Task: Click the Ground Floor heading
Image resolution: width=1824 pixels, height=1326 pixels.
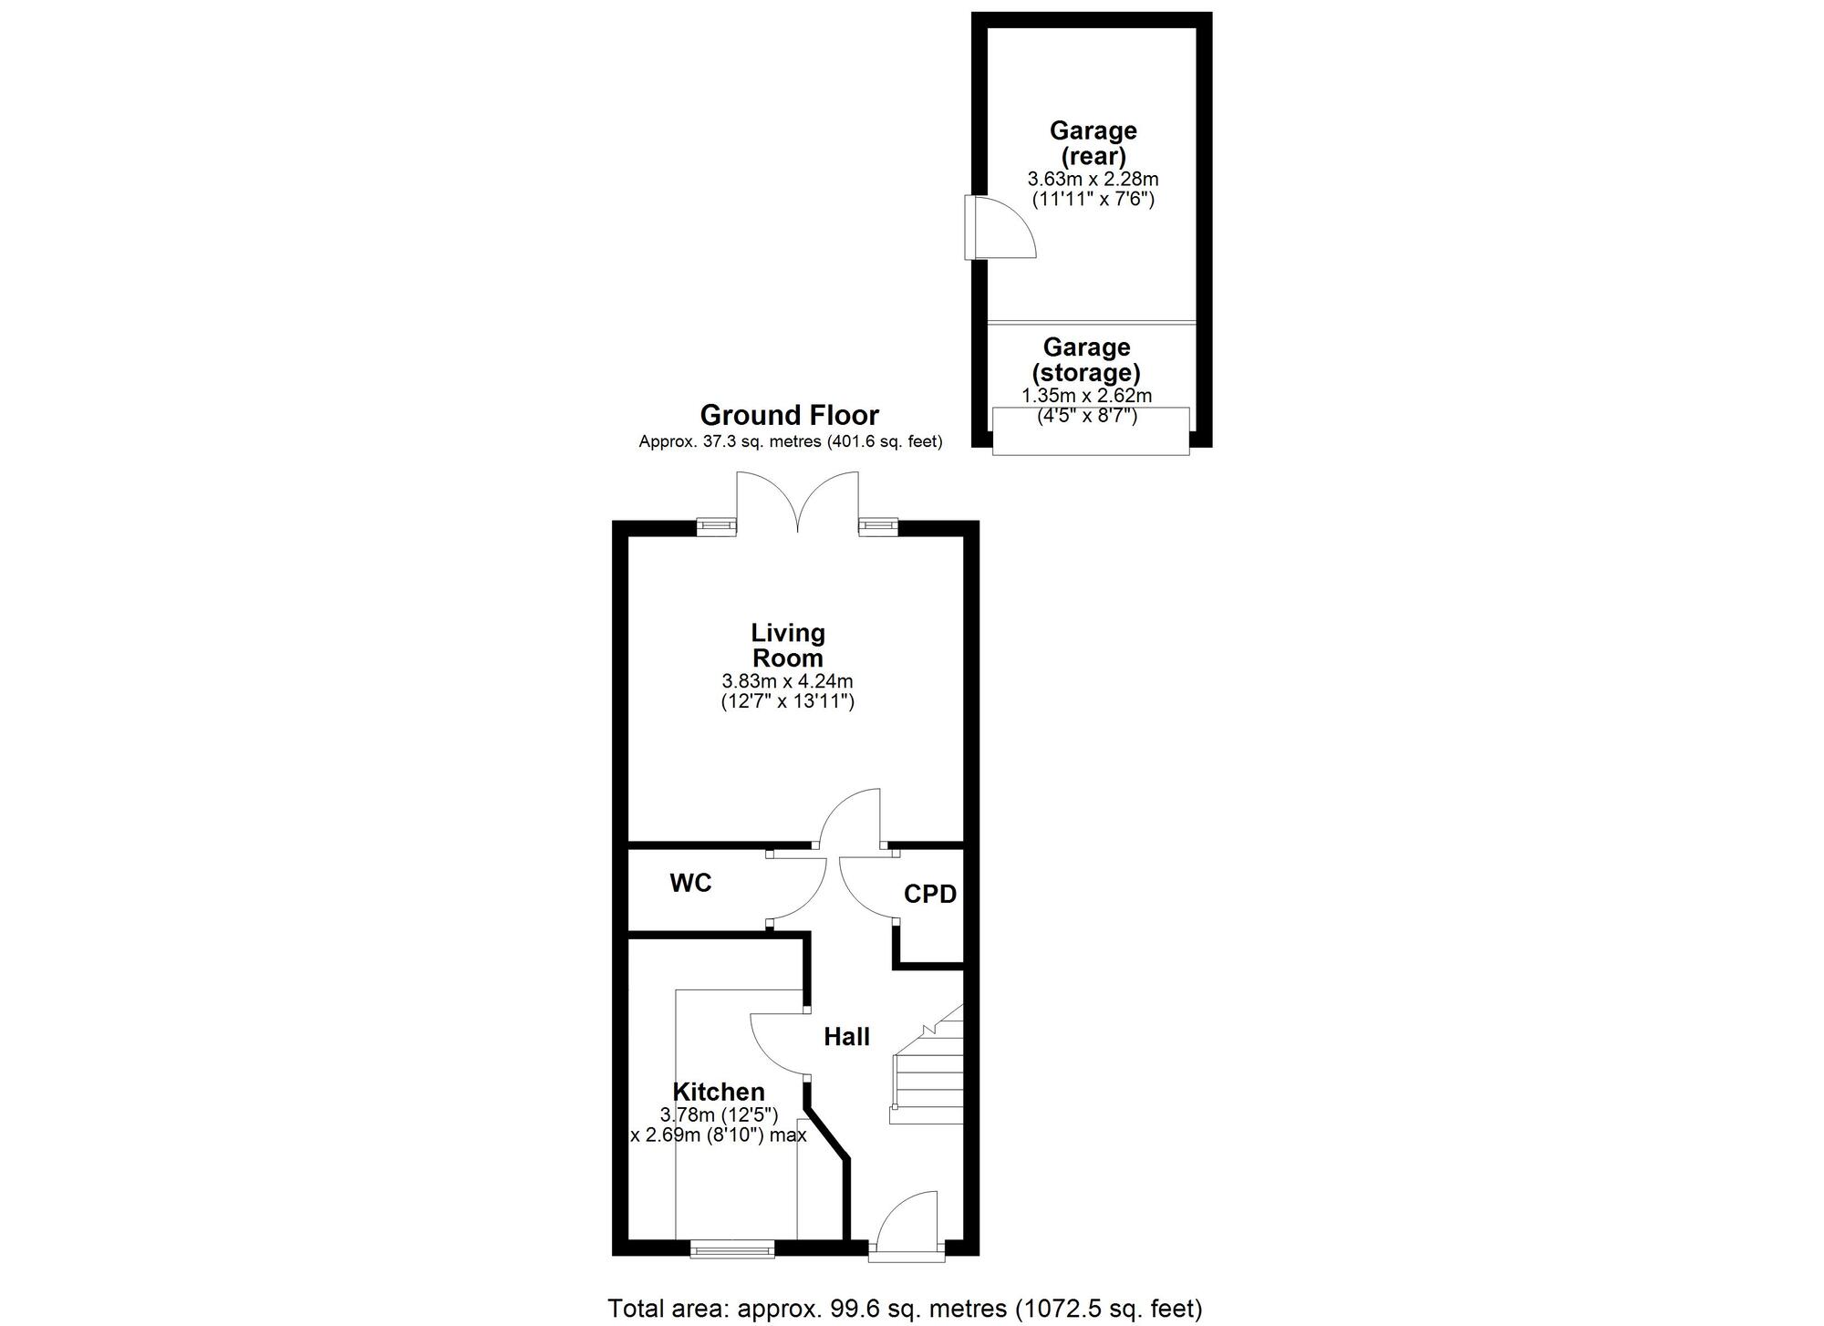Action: click(x=789, y=416)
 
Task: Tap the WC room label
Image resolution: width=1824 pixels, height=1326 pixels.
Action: click(x=690, y=883)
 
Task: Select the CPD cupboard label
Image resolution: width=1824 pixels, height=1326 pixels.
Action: click(x=930, y=895)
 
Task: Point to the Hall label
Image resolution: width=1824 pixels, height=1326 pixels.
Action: click(x=846, y=1036)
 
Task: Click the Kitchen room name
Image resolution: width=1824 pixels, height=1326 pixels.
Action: click(x=719, y=1092)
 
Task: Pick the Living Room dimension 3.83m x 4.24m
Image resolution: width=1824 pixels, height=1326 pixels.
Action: click(x=787, y=681)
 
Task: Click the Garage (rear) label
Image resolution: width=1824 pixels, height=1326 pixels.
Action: click(x=1093, y=143)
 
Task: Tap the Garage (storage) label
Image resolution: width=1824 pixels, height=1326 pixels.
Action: click(x=1086, y=359)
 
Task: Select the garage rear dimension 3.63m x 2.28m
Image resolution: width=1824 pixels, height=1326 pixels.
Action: click(x=1093, y=180)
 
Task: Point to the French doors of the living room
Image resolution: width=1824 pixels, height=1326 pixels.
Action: click(x=798, y=501)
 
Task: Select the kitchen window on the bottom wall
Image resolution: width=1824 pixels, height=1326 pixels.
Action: click(x=732, y=1248)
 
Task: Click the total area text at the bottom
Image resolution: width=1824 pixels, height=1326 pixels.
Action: click(x=905, y=1309)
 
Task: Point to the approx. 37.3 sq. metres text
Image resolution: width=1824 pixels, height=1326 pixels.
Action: click(x=791, y=442)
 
